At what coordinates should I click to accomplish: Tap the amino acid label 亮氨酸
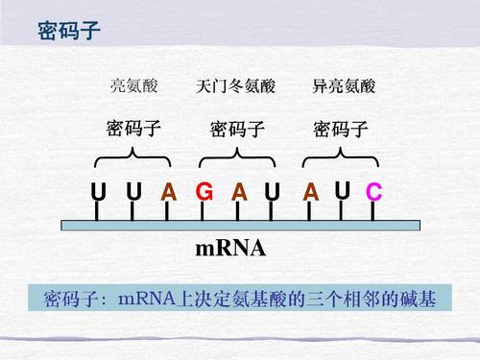click(133, 86)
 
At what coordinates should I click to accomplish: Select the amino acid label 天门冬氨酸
click(235, 86)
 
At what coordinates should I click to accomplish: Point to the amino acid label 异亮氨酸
click(337, 86)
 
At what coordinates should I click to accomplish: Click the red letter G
click(204, 193)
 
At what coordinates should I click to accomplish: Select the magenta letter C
click(373, 193)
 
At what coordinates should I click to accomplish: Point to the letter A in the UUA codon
click(169, 193)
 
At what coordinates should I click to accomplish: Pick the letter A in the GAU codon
click(239, 193)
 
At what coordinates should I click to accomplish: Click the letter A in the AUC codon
click(309, 193)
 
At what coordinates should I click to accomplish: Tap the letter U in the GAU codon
click(273, 193)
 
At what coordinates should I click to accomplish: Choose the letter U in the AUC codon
click(342, 190)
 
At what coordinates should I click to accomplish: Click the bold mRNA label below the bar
click(230, 252)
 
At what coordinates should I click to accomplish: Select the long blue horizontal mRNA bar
click(240, 226)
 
